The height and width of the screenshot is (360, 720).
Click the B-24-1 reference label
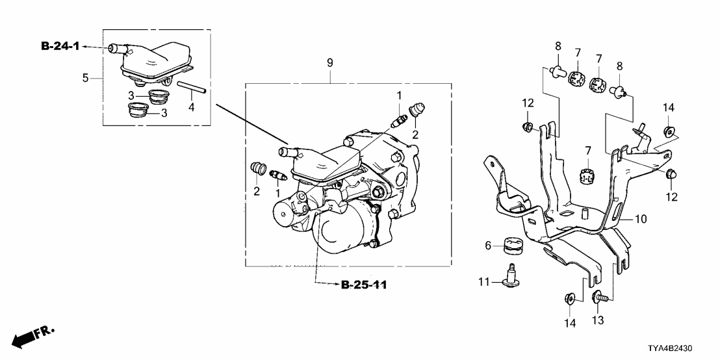[x=60, y=47]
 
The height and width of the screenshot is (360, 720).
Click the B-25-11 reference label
[x=364, y=285]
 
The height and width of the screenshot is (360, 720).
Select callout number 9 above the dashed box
[x=329, y=63]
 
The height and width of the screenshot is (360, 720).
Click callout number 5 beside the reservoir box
[x=85, y=77]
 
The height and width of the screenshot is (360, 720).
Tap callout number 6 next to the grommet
[x=488, y=246]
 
